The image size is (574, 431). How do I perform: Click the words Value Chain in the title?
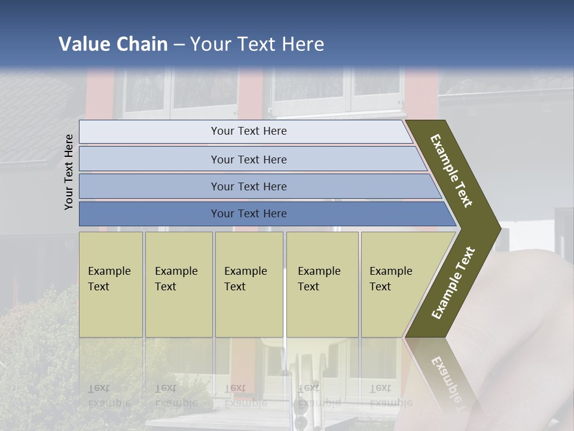113,44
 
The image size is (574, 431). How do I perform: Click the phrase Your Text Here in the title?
257,44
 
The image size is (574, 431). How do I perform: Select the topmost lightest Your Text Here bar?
249,131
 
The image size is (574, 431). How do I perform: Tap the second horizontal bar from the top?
249,159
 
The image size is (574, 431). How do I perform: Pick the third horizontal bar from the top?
249,186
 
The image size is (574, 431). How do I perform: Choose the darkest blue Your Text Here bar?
249,214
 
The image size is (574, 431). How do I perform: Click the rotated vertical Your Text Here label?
69,172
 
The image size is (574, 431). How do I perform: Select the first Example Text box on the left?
111,284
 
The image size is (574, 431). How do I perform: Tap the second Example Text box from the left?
178,284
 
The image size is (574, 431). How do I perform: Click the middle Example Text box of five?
249,284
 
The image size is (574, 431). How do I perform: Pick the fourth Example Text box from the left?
322,284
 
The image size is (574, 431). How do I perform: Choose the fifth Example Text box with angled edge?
395,284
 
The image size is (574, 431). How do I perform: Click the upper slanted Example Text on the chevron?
451,171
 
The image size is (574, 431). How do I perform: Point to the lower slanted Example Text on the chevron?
453,283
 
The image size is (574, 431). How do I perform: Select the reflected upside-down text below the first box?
109,396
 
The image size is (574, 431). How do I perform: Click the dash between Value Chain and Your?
179,45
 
